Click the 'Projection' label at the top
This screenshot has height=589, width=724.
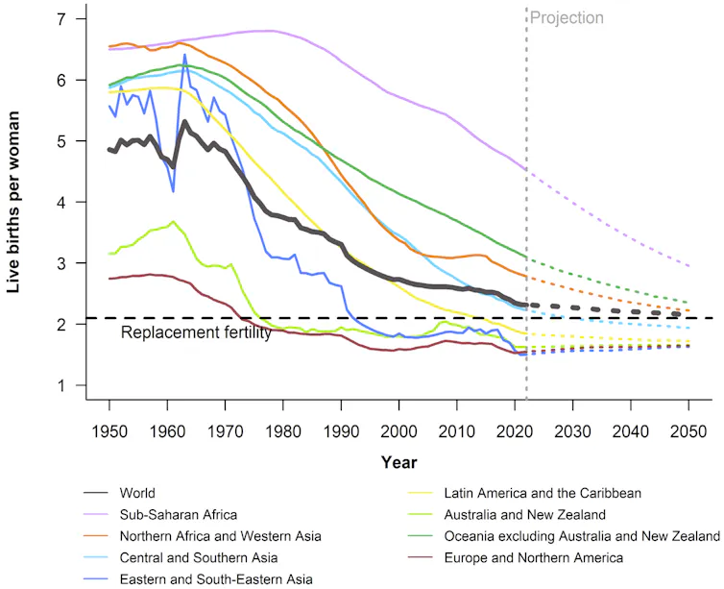tap(567, 17)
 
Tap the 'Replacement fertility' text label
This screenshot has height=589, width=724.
tap(196, 332)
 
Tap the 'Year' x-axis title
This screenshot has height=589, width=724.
tap(398, 462)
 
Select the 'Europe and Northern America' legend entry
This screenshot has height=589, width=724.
tap(536, 556)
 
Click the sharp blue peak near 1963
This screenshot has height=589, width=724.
tap(184, 56)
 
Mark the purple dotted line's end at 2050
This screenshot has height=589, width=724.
tap(690, 266)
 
